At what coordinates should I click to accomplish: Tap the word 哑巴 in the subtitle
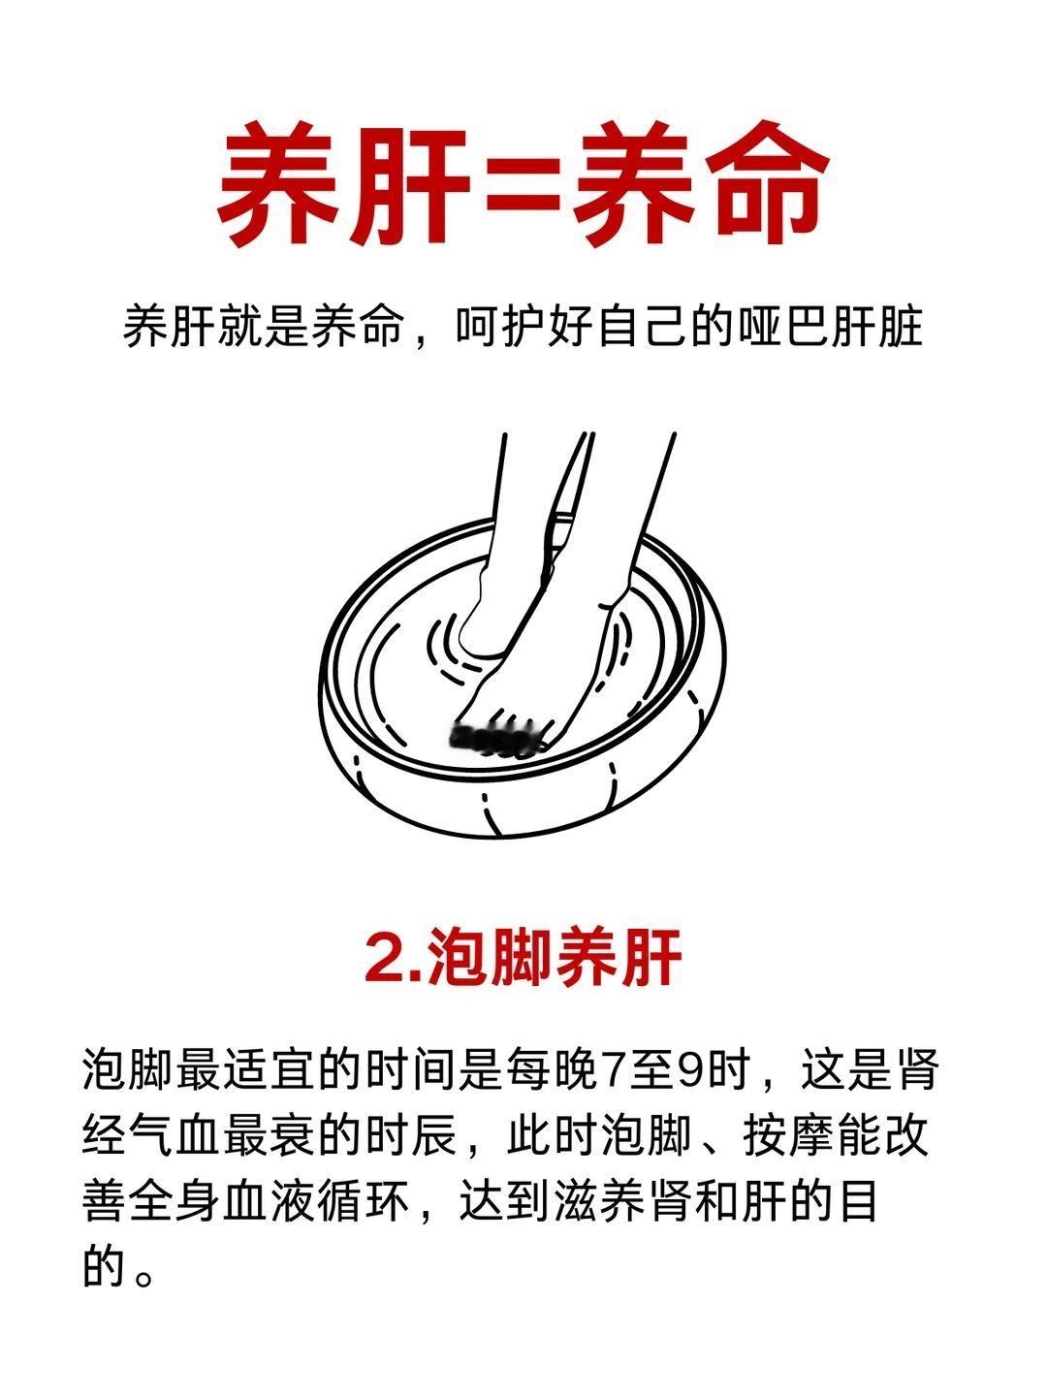[x=785, y=327]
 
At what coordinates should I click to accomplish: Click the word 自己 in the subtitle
[x=643, y=327]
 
